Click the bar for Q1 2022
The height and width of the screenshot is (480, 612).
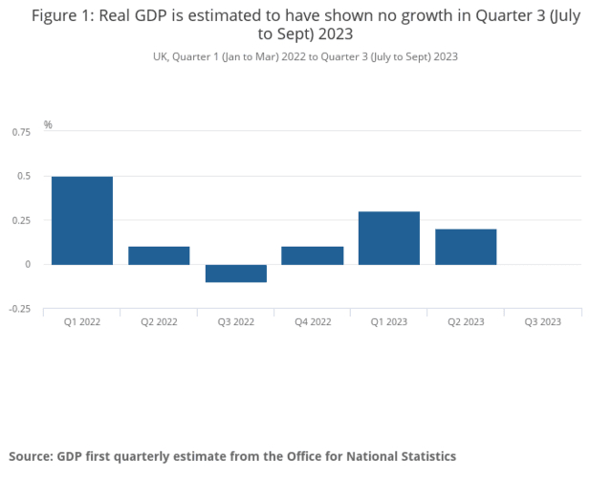point(82,220)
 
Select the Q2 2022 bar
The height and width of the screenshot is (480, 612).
point(159,255)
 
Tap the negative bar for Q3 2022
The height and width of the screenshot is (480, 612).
point(235,273)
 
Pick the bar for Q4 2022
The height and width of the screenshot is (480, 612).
point(312,255)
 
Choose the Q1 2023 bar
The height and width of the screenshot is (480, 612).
point(388,238)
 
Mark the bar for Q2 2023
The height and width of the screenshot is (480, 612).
point(466,247)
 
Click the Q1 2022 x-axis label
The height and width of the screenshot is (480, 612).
point(82,322)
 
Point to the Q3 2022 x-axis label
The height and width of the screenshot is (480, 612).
point(235,322)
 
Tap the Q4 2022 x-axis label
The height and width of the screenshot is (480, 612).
point(312,322)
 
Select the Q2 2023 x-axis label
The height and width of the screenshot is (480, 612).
point(466,322)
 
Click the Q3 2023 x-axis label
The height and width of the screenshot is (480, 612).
point(542,322)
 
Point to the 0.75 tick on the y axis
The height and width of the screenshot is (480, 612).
point(21,132)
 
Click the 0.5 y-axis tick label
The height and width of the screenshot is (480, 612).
point(24,176)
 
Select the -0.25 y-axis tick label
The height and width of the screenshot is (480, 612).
point(19,309)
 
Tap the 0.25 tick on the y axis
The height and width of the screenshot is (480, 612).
point(21,220)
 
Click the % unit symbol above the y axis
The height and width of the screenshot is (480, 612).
point(48,125)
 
